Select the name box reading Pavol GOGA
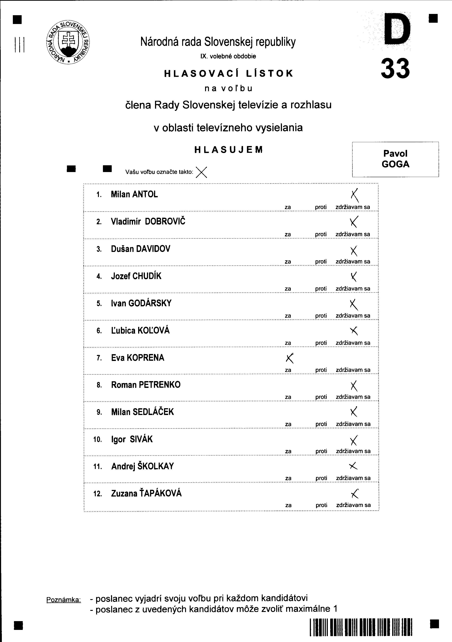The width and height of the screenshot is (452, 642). (395, 159)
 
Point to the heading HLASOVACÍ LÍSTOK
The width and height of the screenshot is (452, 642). (228, 73)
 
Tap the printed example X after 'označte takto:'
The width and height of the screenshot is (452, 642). (201, 172)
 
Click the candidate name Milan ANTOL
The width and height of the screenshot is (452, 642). (134, 194)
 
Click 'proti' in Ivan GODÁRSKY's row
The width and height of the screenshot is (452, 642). (321, 316)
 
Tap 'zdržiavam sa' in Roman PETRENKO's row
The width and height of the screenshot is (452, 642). (353, 397)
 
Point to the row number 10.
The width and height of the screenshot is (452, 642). (97, 440)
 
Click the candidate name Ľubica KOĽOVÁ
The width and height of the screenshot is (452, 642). (140, 331)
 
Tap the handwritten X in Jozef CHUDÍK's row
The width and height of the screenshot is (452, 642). (354, 276)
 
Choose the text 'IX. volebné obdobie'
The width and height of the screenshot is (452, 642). (228, 56)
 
